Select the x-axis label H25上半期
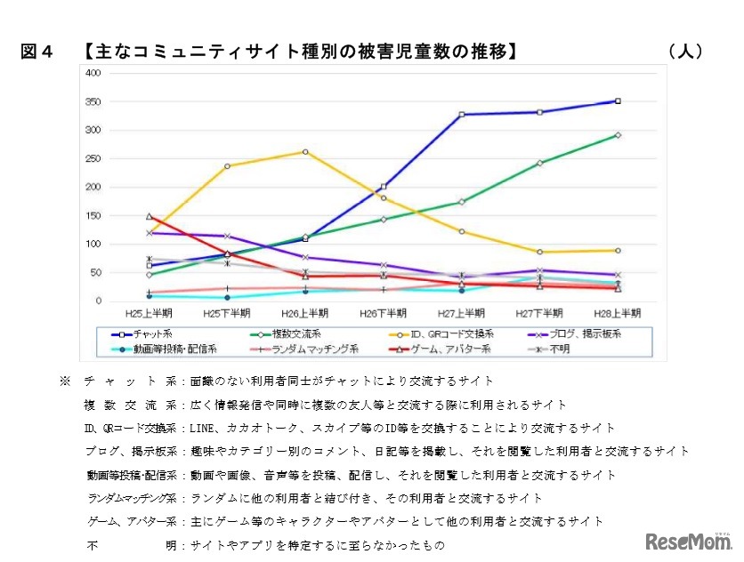pos(149,312)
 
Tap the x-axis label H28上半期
pos(617,312)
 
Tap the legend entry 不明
pos(560,348)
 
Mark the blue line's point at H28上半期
pos(618,101)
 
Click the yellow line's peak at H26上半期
pos(305,152)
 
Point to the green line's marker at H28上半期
pos(618,135)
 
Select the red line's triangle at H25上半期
pos(149,216)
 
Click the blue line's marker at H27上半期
pos(461,115)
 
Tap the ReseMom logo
pos(686,542)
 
